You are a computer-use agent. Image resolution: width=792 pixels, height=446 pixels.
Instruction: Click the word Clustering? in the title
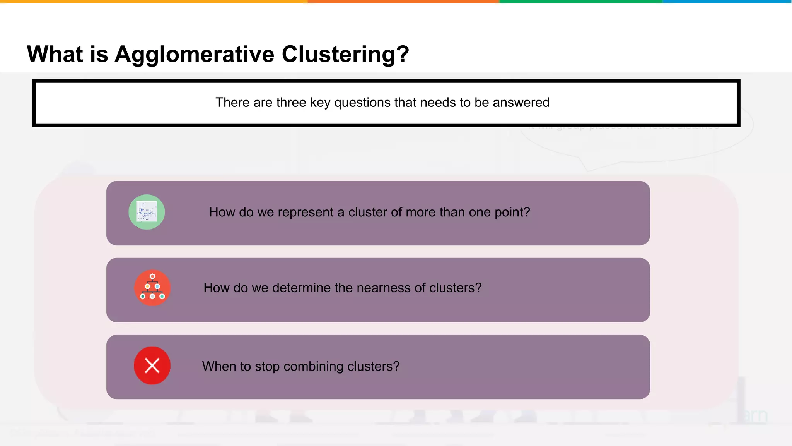(345, 54)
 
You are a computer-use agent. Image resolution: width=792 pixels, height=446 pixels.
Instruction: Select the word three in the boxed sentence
(291, 103)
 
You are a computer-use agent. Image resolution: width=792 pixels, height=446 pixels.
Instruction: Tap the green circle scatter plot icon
(147, 212)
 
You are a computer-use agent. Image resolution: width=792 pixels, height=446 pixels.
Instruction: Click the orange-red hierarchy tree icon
(152, 288)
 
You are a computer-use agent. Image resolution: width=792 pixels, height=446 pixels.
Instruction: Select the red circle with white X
(152, 365)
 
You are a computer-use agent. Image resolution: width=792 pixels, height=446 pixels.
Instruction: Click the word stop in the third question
(267, 367)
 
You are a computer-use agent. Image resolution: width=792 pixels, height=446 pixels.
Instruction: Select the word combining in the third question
(313, 367)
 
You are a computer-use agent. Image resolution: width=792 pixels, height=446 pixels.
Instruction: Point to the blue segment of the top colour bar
(727, 2)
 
